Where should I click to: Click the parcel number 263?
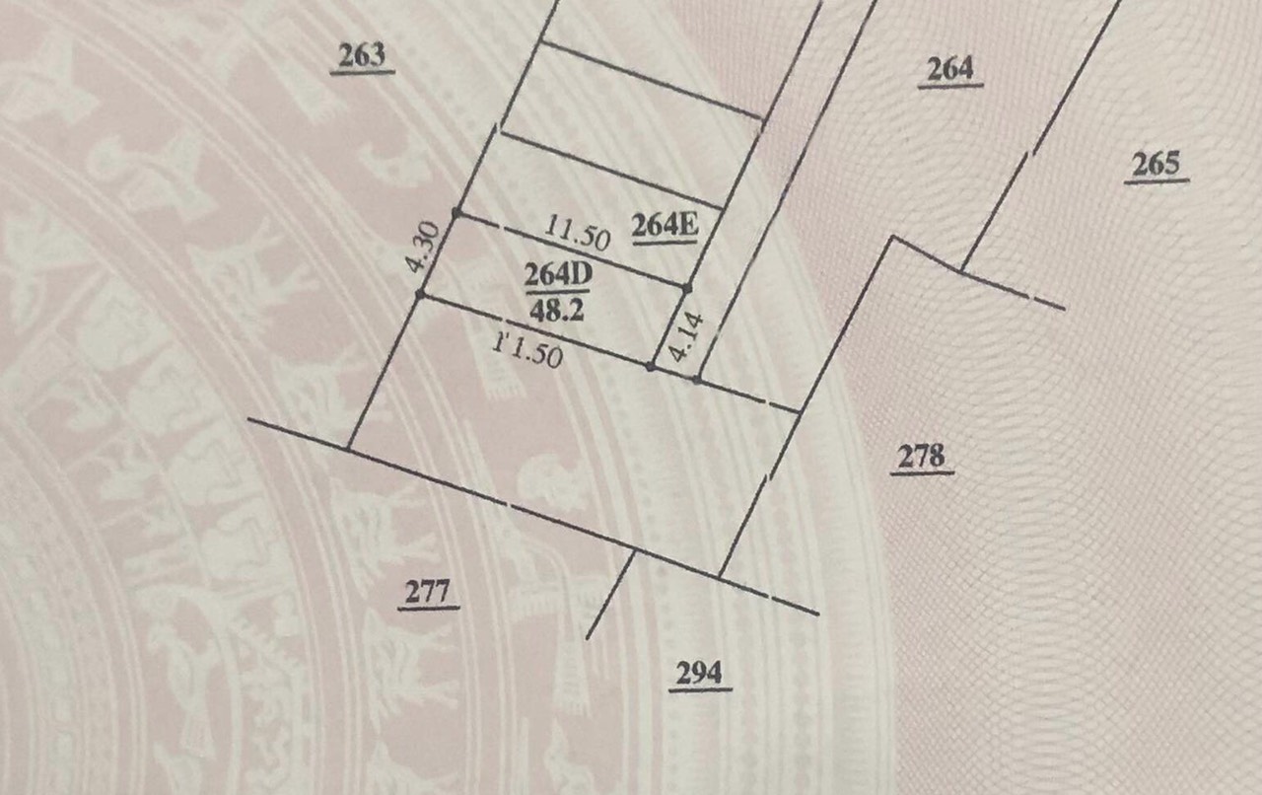[361, 56]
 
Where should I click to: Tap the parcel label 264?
[950, 69]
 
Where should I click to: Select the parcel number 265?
[1156, 164]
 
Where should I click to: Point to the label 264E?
[666, 227]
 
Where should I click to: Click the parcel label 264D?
[556, 275]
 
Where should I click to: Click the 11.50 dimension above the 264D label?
[578, 233]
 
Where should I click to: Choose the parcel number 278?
[922, 457]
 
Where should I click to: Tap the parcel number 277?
[428, 592]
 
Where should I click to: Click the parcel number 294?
[700, 674]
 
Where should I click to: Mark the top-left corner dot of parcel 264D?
[456, 212]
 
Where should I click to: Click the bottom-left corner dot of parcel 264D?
[421, 294]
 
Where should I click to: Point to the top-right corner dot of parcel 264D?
[687, 288]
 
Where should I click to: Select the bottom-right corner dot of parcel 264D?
[651, 367]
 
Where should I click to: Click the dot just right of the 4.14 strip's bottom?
[696, 380]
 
